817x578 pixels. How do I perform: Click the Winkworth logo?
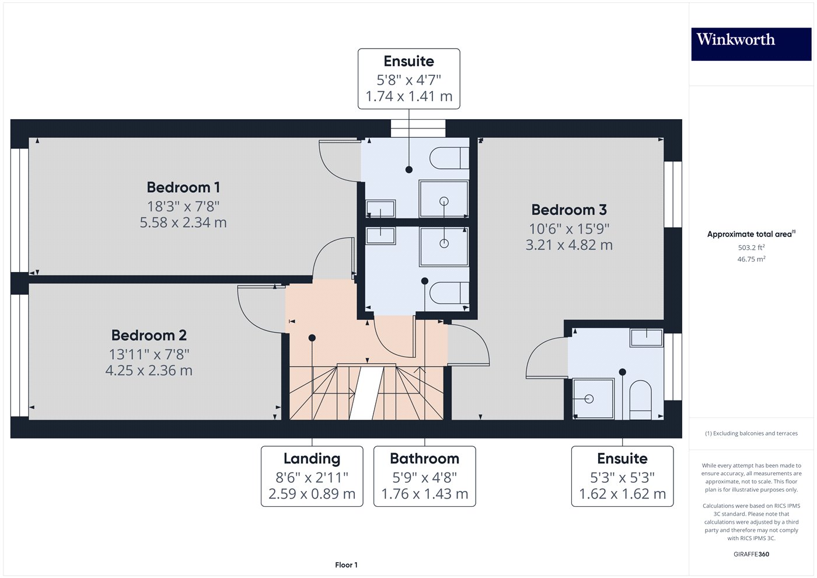(751, 44)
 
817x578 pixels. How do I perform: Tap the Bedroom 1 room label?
(183, 187)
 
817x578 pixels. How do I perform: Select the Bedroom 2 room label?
(149, 335)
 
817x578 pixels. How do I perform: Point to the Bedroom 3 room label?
(569, 210)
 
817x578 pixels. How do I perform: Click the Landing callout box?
(312, 476)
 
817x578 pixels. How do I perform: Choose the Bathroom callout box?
(425, 476)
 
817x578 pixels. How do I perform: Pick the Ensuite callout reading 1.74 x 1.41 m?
(409, 79)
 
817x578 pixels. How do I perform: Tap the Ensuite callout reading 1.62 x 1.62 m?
(622, 476)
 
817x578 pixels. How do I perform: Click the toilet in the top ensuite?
(449, 158)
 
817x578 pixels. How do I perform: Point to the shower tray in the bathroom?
(444, 246)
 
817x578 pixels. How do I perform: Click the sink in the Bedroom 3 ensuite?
(647, 337)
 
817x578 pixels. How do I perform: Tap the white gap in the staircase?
(366, 394)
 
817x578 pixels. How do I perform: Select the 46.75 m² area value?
(751, 259)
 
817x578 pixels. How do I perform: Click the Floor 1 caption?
(346, 565)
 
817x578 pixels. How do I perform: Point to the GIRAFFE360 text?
(751, 554)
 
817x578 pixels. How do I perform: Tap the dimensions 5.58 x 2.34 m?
(183, 222)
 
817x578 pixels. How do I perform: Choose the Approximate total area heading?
(751, 234)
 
